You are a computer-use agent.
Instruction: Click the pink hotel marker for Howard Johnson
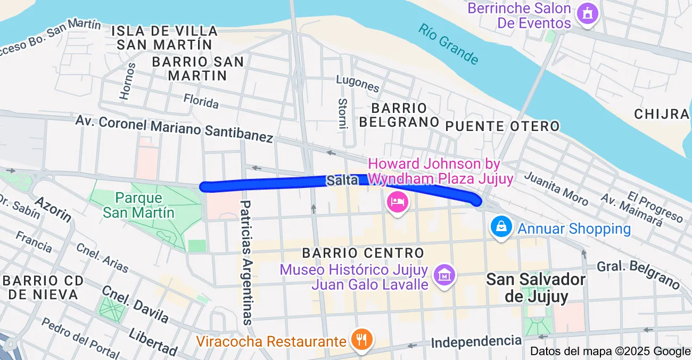(x=398, y=202)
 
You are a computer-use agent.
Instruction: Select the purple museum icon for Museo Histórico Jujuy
(x=444, y=275)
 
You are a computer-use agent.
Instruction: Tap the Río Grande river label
(x=448, y=44)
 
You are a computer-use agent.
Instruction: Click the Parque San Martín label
(x=138, y=205)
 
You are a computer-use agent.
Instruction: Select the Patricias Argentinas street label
(x=246, y=262)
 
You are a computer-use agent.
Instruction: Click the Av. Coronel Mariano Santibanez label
(x=174, y=127)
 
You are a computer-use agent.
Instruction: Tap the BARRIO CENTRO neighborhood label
(x=363, y=252)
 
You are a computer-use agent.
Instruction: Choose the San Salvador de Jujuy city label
(x=536, y=288)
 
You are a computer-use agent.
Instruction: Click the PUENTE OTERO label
(x=502, y=126)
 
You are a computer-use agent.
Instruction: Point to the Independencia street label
(x=476, y=341)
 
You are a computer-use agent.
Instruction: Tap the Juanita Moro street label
(x=557, y=188)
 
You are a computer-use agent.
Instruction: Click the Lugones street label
(x=358, y=83)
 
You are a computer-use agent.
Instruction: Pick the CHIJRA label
(x=662, y=113)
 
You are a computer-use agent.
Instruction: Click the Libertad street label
(x=153, y=342)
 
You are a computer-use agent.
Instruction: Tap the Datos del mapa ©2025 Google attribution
(x=610, y=351)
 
